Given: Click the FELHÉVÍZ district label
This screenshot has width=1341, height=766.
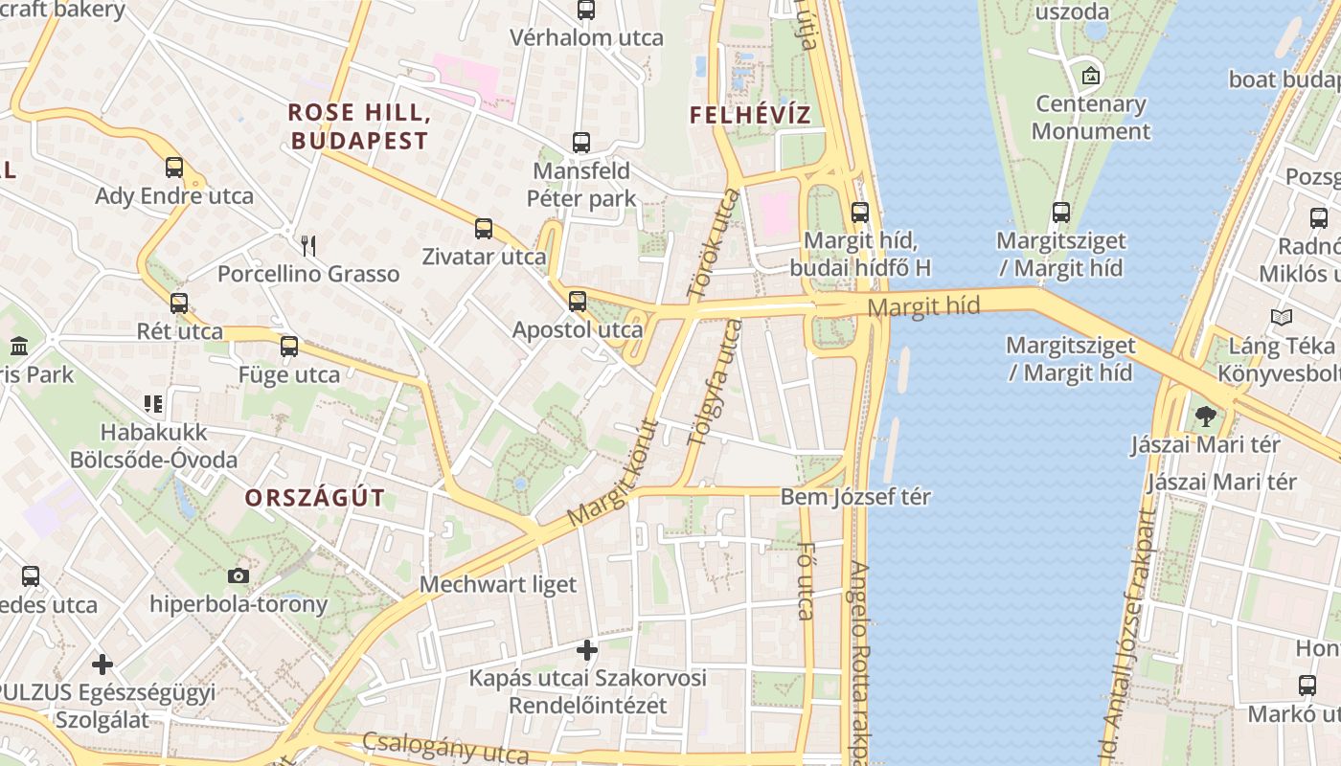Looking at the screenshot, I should (750, 116).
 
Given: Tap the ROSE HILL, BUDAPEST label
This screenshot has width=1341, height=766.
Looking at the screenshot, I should (358, 126).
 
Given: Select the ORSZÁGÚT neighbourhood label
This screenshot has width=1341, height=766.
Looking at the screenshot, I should (314, 498).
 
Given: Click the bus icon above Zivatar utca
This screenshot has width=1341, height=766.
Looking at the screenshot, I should (484, 229).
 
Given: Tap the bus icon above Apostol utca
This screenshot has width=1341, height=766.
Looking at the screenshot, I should (577, 302).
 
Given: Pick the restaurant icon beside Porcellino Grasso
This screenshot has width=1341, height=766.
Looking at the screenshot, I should (308, 246).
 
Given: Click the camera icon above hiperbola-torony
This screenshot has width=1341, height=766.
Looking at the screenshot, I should (238, 575).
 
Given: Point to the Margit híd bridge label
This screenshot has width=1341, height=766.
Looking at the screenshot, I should (923, 307).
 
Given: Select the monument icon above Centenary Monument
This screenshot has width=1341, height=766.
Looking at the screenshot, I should (1090, 76).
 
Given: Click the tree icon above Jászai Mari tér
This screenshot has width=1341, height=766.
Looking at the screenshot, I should (1205, 417).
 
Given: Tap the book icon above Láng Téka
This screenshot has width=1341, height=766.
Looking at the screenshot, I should (1281, 317).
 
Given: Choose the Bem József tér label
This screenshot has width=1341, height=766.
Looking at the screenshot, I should (855, 497).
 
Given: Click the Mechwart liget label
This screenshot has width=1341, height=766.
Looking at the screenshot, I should (498, 584).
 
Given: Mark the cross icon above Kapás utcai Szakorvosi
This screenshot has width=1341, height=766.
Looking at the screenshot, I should (586, 651).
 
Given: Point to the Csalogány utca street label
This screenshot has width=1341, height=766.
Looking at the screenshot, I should (444, 748).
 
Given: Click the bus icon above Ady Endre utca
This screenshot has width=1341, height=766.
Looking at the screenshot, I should (173, 168).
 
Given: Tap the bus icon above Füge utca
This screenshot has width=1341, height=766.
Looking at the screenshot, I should (288, 347).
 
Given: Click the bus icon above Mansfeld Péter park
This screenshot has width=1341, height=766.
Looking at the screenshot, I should (580, 143).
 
